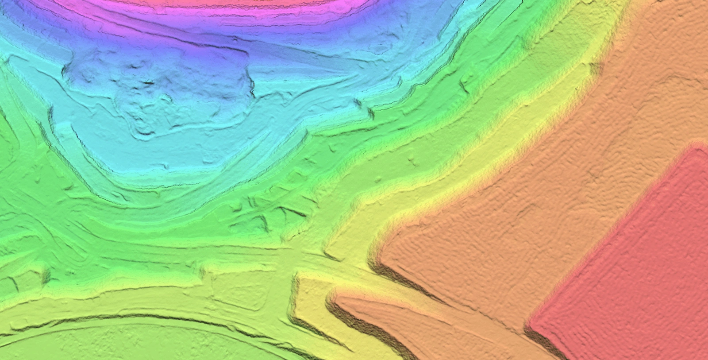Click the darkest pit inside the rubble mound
tap(148, 82)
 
